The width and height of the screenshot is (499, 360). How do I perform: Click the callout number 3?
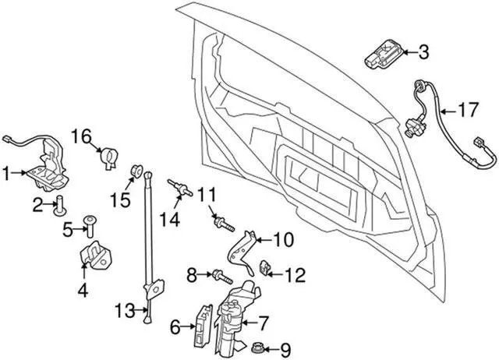coord(423,53)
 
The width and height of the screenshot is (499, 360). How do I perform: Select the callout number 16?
coord(83,137)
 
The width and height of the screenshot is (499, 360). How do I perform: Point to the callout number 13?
coord(125,311)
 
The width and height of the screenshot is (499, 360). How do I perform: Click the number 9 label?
coord(285,348)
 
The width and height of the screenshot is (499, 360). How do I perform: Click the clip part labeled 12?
coord(265,267)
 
